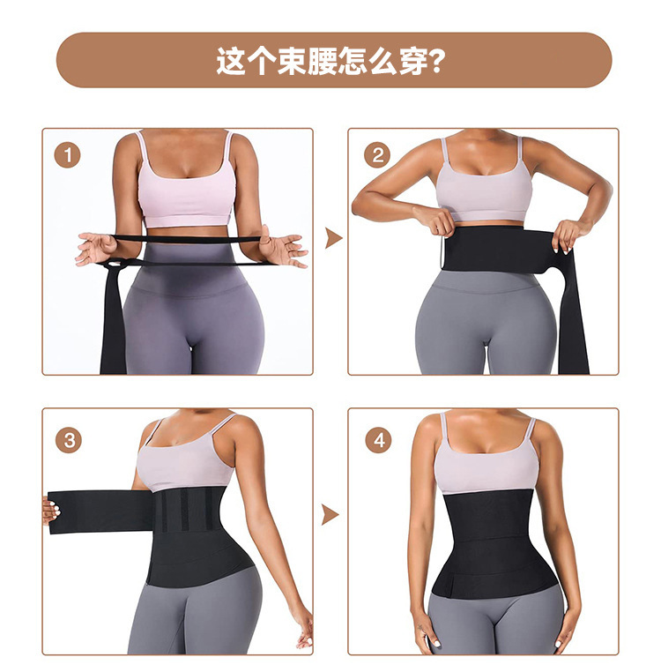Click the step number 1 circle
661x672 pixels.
(67, 155)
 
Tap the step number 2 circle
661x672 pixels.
(377, 155)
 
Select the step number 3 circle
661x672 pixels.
(69, 440)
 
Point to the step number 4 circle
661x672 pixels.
(378, 440)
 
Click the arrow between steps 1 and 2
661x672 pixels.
(333, 238)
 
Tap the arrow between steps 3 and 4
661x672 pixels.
(330, 515)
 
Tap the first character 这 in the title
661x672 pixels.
(231, 61)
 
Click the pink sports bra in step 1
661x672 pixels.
(186, 184)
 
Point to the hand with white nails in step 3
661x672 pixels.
(50, 510)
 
